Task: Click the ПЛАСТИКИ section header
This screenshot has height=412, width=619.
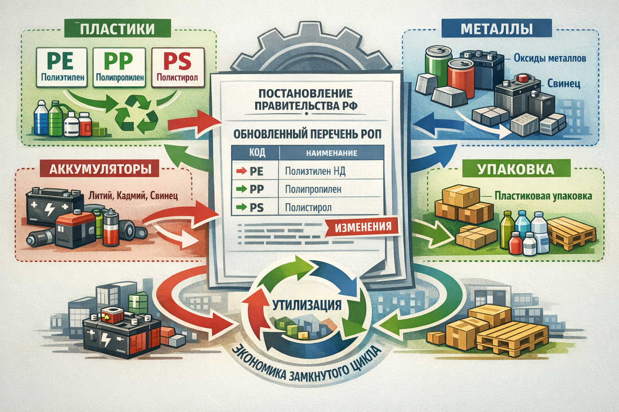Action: coord(117,29)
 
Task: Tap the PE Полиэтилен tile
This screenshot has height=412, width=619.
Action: coord(62,67)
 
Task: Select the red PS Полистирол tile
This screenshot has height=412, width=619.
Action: coord(177,67)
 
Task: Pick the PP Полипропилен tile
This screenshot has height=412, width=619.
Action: coord(120,67)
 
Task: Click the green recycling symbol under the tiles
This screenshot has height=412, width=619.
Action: coord(137,115)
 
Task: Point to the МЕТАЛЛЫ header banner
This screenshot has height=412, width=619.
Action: coord(496,29)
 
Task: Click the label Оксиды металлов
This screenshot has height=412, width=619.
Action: coord(550,58)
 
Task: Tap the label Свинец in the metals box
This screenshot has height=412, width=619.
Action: coord(563,84)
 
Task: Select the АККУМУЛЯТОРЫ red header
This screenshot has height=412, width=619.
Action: coord(100,169)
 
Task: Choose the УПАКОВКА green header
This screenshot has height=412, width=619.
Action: coord(515,169)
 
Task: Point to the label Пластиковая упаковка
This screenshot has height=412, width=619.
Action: coord(543,196)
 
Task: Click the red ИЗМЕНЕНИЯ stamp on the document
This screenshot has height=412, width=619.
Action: coord(363,227)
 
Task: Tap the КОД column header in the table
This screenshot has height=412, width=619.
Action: coord(255,153)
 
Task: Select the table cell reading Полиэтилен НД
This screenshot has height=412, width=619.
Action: coord(315,171)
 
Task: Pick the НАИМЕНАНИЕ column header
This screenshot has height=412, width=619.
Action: coord(331,153)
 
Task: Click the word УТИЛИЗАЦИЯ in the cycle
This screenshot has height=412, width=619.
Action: coord(307,305)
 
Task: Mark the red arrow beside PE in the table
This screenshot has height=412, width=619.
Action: coord(241,171)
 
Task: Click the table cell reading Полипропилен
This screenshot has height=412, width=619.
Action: coord(313,190)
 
